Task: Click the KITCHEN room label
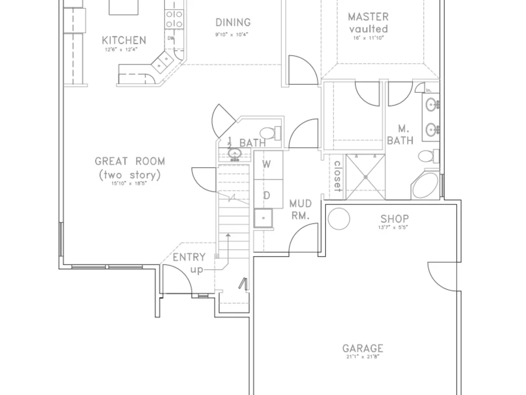124,40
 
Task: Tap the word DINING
233,23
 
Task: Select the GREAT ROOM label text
129,161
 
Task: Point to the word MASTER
368,17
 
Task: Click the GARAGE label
362,348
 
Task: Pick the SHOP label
394,219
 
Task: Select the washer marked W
267,164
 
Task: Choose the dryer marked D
267,196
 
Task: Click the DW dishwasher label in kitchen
171,38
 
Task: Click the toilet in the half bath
270,133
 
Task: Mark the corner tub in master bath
426,185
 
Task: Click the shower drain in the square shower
365,177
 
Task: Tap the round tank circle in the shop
339,219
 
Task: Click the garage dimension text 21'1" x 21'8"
362,357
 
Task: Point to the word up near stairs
197,269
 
